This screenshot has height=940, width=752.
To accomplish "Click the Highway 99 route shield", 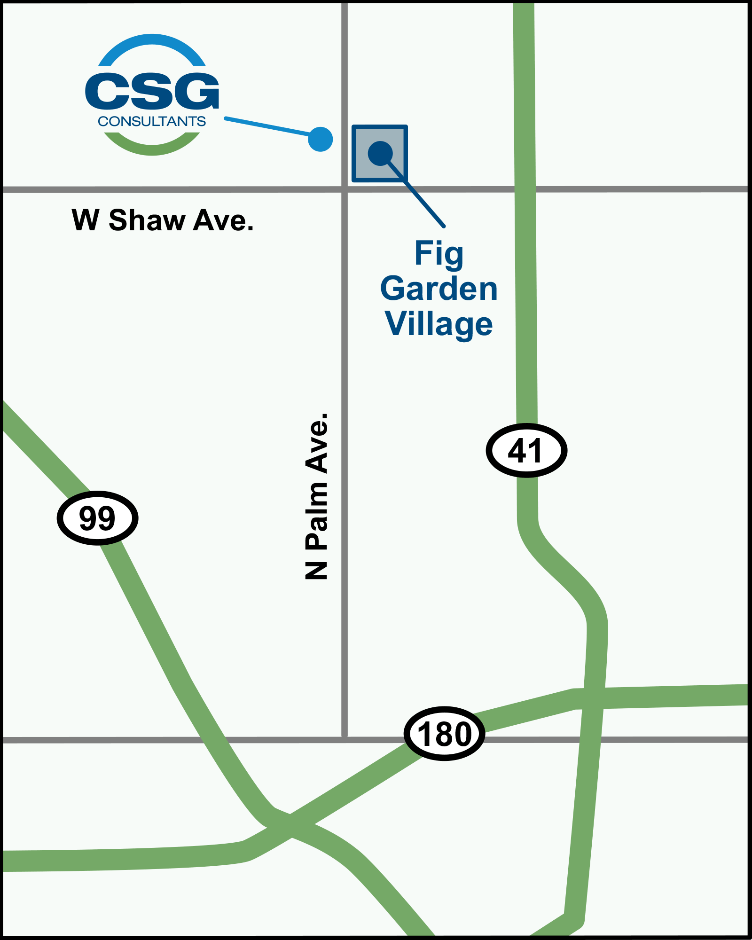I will point(97,518).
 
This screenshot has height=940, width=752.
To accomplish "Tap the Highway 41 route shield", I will point(526,450).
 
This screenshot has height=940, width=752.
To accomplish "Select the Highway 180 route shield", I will point(444,734).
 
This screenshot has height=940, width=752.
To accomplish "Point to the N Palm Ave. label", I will point(316,496).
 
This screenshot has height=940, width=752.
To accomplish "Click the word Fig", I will point(439,254).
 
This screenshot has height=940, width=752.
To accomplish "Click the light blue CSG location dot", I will point(321,139).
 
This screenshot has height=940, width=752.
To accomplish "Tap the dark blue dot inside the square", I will point(380,153).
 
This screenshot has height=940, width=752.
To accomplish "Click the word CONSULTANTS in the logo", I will point(152,121).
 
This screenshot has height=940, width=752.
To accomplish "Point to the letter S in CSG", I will point(152,90).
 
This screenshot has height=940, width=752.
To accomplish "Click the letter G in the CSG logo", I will point(197,90).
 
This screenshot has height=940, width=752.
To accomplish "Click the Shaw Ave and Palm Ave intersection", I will point(345,189).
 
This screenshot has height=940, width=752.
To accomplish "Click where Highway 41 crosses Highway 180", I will point(593,698).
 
